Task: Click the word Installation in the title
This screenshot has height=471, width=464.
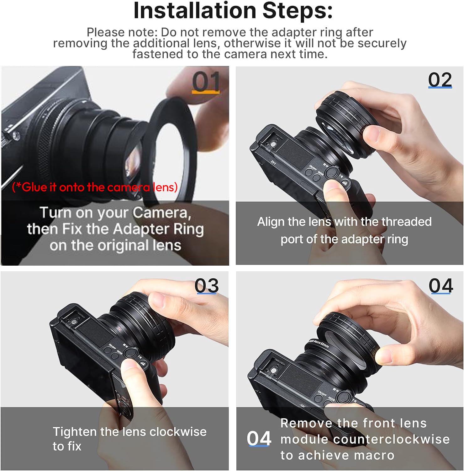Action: pyautogui.click(x=195, y=11)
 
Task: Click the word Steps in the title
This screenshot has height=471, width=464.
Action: pyautogui.click(x=298, y=11)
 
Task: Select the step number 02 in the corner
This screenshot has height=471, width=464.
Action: pyautogui.click(x=440, y=80)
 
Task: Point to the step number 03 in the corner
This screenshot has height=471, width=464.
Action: pyautogui.click(x=206, y=285)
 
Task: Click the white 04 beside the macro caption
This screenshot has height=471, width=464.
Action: pyautogui.click(x=259, y=438)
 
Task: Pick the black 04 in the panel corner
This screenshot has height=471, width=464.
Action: pyautogui.click(x=441, y=286)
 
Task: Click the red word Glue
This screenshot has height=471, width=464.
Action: pyautogui.click(x=34, y=187)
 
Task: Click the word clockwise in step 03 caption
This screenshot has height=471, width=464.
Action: pyautogui.click(x=178, y=432)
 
